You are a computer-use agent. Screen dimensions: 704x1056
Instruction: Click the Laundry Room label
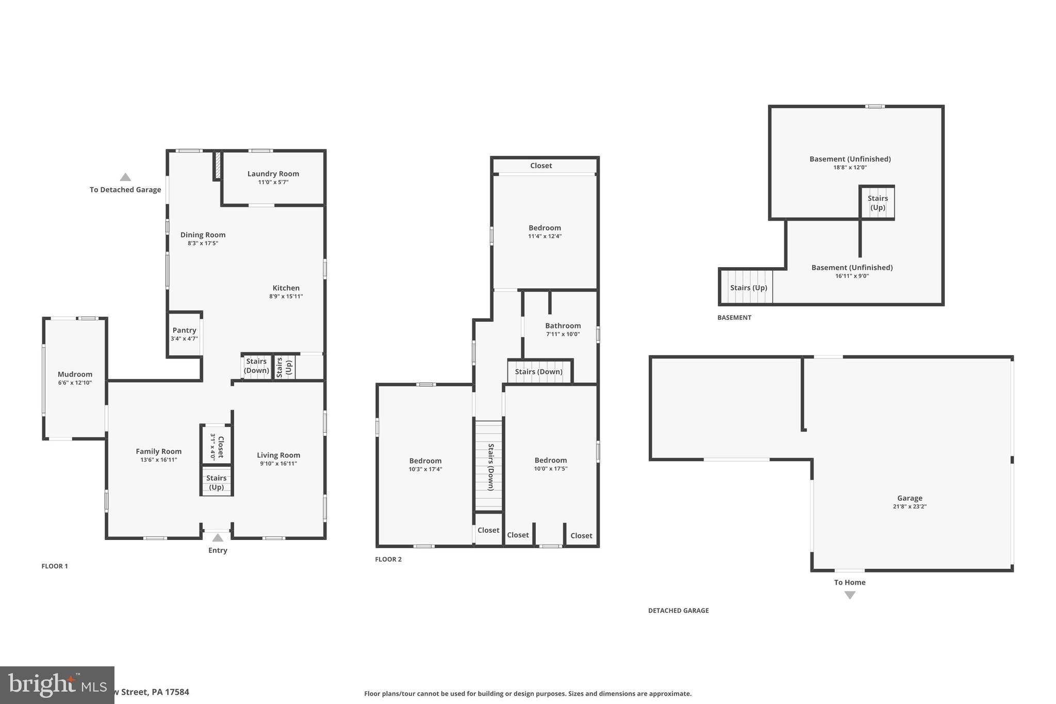pos(273,174)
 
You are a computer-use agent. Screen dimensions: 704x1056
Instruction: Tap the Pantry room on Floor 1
pos(184,334)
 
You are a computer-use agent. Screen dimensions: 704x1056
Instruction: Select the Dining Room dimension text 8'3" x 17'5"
pos(203,243)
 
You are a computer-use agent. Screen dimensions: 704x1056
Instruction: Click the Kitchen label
pos(286,288)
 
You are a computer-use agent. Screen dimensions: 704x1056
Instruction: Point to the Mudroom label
pos(75,374)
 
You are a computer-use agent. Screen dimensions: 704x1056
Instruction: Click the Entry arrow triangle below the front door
pos(218,538)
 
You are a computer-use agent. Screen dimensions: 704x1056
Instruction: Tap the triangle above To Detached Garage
pos(125,177)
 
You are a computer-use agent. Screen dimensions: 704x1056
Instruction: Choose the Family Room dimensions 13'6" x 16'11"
pos(158,460)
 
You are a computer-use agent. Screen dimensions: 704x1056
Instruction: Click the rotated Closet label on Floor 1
pos(221,447)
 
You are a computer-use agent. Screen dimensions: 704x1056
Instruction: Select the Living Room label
pos(278,455)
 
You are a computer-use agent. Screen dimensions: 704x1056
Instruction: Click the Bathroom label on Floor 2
pos(563,325)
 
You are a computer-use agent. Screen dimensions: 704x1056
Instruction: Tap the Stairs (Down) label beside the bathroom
pos(538,371)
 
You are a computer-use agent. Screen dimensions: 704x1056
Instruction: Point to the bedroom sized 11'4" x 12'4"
pos(544,232)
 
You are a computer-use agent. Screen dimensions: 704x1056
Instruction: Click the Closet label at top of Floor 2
pos(541,166)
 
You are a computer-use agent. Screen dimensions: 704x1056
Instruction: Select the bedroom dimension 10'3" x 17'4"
pos(425,469)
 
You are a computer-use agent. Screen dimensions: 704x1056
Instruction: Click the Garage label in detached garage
pos(910,498)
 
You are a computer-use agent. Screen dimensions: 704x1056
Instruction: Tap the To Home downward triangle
pos(850,595)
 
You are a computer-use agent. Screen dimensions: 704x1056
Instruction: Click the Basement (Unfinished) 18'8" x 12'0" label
pos(850,159)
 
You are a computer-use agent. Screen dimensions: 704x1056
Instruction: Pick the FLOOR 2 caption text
pos(388,559)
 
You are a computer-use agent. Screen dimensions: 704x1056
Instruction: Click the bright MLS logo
pos(57,685)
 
